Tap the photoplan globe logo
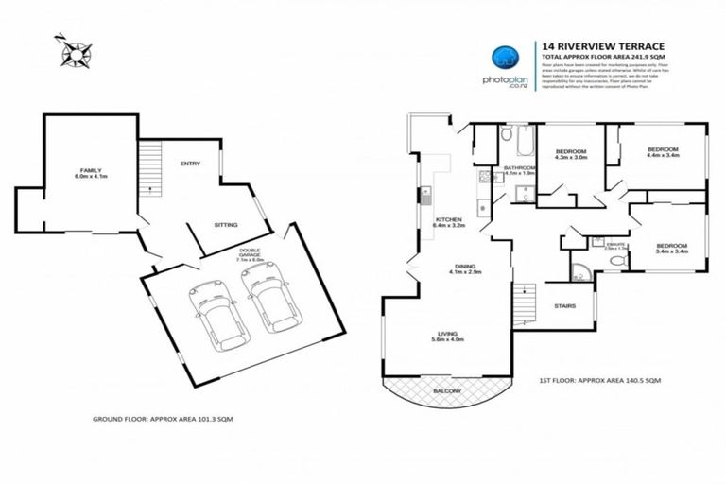[x=504, y=58]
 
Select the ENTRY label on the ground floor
[x=190, y=164]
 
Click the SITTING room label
[x=225, y=225]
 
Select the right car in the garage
[x=270, y=298]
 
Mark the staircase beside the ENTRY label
[x=149, y=164]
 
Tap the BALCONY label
[x=447, y=390]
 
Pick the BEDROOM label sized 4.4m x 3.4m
[x=665, y=154]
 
